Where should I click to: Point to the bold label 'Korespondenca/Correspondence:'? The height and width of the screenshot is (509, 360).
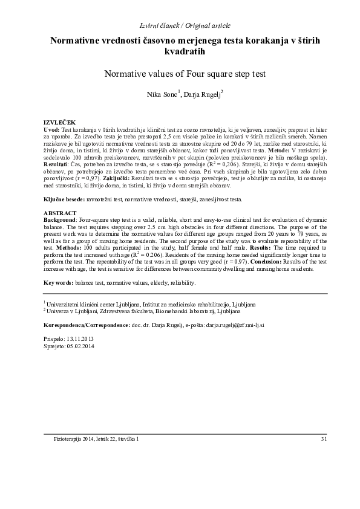pyautogui.click(x=89, y=325)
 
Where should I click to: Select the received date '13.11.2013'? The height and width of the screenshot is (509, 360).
pyautogui.click(x=80, y=340)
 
